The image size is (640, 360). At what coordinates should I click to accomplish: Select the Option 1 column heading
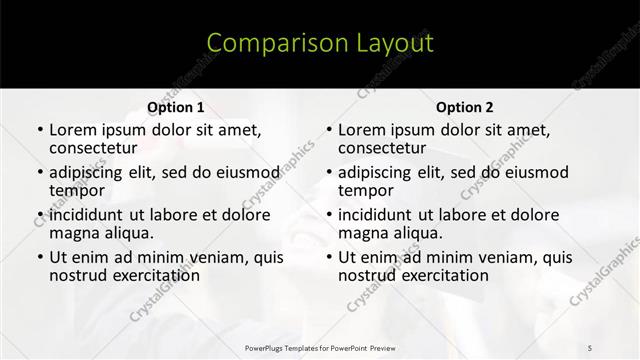coord(176,107)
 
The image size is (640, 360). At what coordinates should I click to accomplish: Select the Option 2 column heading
coord(465,107)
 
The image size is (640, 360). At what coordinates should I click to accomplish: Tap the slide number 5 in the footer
coord(590,347)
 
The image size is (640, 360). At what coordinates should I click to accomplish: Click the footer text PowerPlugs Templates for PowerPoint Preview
coord(319,347)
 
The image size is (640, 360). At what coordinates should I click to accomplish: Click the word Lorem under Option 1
coord(73,130)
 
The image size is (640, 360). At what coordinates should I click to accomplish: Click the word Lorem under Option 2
coord(362,130)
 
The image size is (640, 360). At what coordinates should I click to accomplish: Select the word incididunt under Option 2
coord(381,215)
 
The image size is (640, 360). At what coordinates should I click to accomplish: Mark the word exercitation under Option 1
coord(150,275)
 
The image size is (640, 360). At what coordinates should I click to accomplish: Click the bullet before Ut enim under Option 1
coord(39,258)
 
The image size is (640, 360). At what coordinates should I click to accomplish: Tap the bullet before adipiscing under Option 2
coord(328,173)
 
